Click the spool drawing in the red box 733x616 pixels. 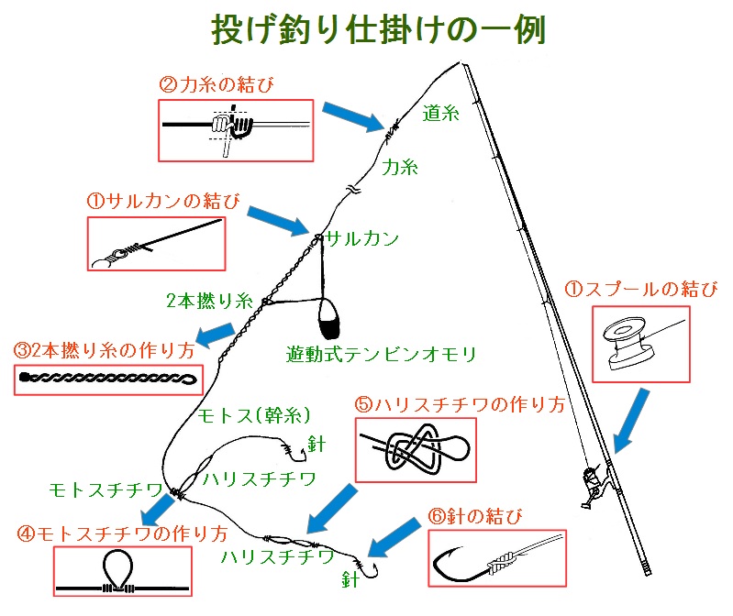pyautogui.click(x=630, y=341)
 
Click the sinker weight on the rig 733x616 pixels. pyautogui.click(x=328, y=317)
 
